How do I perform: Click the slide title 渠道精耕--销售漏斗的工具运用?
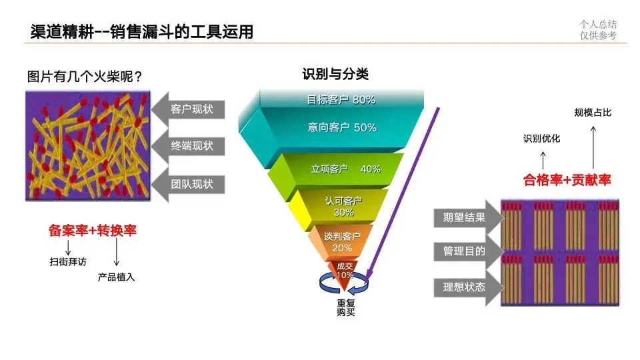(x=142, y=31)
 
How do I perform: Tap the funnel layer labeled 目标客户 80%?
(x=341, y=100)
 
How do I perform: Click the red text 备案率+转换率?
(x=93, y=231)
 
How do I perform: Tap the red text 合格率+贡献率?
(x=567, y=179)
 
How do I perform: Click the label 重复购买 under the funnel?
(x=345, y=307)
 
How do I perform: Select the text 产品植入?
(x=117, y=277)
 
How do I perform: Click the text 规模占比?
(x=593, y=113)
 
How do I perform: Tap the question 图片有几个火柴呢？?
(x=85, y=76)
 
